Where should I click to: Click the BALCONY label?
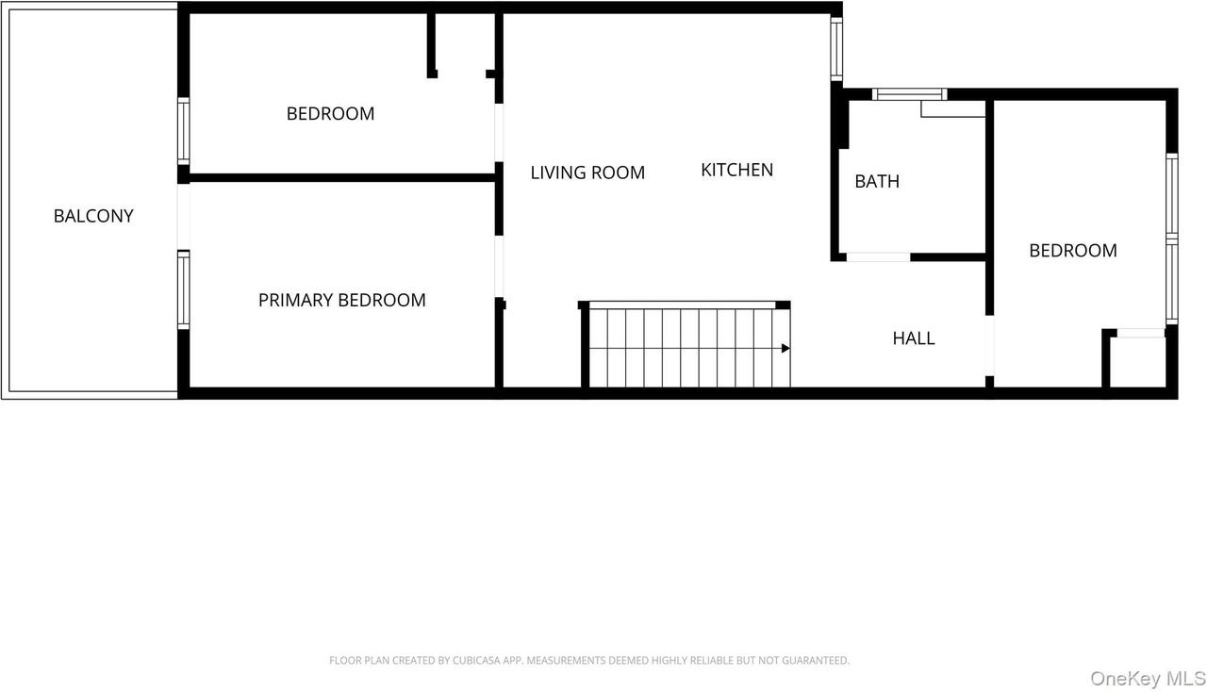(x=93, y=216)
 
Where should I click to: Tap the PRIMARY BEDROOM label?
(x=341, y=300)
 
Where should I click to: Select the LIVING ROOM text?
(x=587, y=173)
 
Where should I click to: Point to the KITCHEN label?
(x=736, y=170)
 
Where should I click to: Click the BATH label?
(x=877, y=181)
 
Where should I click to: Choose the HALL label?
(x=914, y=338)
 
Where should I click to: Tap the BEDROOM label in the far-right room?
(x=1072, y=250)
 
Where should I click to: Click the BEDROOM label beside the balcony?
(x=330, y=114)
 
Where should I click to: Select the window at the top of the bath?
(x=909, y=93)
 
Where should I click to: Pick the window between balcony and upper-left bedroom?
(x=184, y=132)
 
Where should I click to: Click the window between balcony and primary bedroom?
(x=184, y=289)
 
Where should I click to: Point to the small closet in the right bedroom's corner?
(x=1136, y=363)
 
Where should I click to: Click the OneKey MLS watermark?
(x=1147, y=678)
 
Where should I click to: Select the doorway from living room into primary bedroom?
(x=499, y=266)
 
